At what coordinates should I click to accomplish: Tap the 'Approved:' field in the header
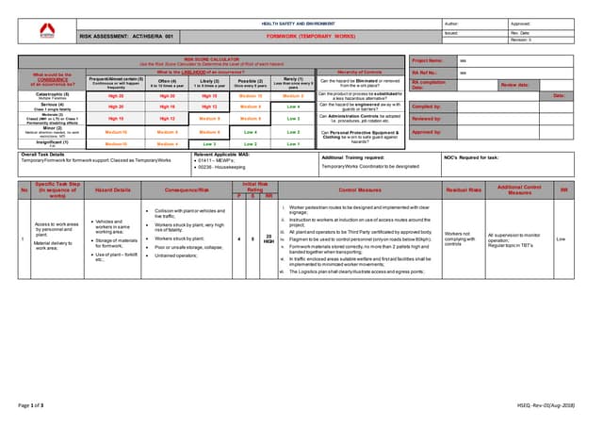[x=521, y=23]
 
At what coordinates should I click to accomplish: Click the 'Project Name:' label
[x=428, y=59]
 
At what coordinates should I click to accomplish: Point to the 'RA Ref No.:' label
[x=426, y=72]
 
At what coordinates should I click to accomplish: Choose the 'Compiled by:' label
[x=427, y=107]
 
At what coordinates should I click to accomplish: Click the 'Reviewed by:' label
[x=427, y=119]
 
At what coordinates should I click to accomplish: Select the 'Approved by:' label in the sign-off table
[x=427, y=132]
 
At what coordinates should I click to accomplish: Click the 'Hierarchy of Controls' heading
[x=359, y=72]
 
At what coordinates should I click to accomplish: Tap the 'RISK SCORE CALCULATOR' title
[x=200, y=58]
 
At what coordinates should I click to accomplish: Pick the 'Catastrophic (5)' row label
[x=51, y=95]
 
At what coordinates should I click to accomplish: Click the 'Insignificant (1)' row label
[x=51, y=142]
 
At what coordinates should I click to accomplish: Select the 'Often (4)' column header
[x=168, y=82]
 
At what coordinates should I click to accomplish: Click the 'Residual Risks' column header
[x=464, y=189]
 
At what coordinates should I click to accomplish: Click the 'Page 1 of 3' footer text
[x=32, y=404]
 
